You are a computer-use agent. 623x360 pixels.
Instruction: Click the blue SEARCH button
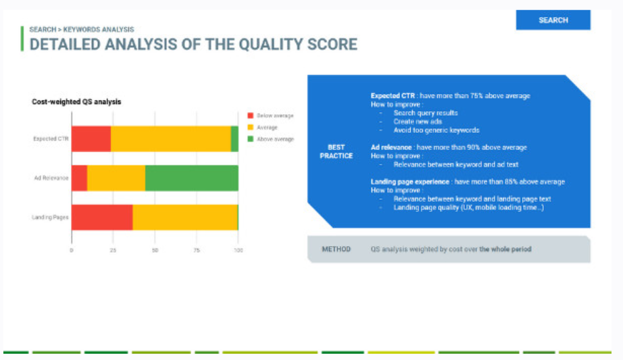tap(553, 20)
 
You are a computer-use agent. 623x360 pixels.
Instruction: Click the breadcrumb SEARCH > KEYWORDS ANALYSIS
tap(82, 30)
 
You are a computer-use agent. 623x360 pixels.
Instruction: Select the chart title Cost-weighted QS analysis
tap(76, 102)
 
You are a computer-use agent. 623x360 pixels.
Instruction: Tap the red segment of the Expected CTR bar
tap(91, 138)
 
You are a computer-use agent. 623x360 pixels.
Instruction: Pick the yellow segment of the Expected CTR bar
tap(170, 138)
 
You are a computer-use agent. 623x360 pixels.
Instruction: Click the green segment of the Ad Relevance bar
tap(191, 178)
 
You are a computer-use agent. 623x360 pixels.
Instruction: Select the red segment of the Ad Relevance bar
tap(79, 178)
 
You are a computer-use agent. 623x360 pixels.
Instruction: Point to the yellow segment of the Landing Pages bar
tap(184, 217)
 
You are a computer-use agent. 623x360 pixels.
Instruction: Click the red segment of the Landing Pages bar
tap(101, 217)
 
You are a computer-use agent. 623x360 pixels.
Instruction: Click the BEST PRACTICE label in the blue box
tap(336, 151)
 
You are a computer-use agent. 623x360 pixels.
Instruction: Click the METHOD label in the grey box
tap(336, 249)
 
